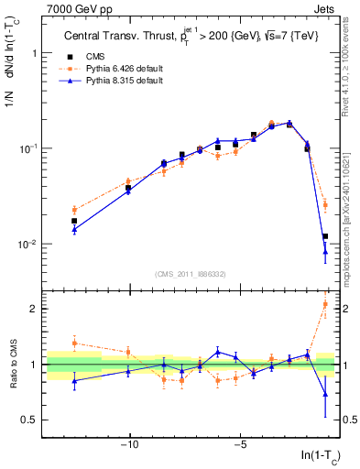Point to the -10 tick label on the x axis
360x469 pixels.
(x=129, y=446)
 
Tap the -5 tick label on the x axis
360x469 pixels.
(x=239, y=446)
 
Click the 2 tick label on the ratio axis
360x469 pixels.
(x=36, y=309)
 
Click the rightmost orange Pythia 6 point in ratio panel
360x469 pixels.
(x=325, y=304)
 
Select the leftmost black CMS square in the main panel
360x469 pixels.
(x=74, y=221)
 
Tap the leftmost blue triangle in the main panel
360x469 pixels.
(x=74, y=230)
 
